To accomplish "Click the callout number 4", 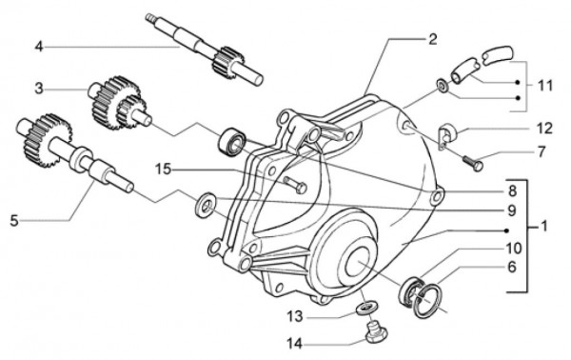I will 39,45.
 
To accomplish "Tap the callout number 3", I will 39,89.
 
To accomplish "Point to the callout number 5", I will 14,220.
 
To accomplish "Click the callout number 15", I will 164,170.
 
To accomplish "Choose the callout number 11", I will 544,85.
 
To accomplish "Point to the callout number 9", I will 511,210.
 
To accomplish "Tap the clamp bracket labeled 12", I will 444,136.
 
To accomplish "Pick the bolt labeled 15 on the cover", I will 294,184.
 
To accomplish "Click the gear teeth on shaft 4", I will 227,64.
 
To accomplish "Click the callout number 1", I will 544,230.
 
